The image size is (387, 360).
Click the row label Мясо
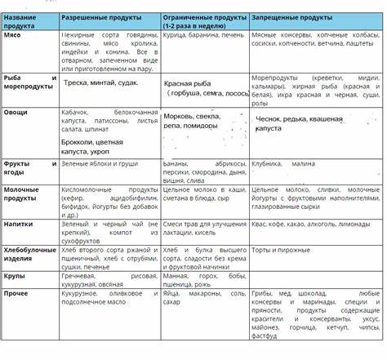(x=13, y=37)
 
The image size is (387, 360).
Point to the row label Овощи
(x=16, y=113)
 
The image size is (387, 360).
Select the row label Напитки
(x=19, y=222)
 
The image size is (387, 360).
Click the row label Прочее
(x=17, y=291)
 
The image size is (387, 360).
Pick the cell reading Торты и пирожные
(x=282, y=247)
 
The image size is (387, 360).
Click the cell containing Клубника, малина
(x=282, y=163)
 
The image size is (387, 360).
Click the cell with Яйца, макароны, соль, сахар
(x=204, y=296)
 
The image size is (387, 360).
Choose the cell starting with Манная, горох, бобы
(x=204, y=280)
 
